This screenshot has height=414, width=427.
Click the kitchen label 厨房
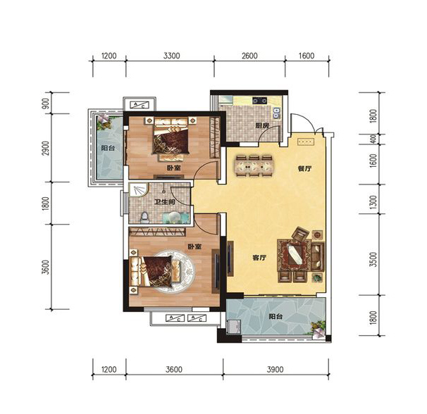pos(262,126)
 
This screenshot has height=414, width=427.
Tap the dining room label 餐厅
pos(304,169)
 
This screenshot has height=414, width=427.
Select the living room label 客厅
pos(259,258)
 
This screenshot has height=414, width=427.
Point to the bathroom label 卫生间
pos(164,202)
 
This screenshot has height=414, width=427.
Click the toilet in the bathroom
pos(144,218)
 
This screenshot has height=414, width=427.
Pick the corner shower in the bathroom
pos(138,189)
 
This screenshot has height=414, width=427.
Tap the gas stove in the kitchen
pos(259,101)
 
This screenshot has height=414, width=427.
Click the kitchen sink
pos(277,113)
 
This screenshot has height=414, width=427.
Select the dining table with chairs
pos(254,165)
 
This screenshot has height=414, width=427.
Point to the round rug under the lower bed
pos(173,272)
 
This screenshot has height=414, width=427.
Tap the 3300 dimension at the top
pos(171,56)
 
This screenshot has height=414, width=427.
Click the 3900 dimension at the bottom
pos(275,370)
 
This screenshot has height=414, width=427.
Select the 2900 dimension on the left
pos(47,148)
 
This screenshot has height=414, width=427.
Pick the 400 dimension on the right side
pos(373,139)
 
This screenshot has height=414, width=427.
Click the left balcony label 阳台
pos(108,149)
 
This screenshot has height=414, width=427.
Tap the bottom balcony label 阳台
pos(276,317)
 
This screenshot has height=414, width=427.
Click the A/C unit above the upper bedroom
pos(140,105)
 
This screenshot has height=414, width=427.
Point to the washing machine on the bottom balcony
pos(233,327)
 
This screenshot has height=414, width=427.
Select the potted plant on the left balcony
pos(104,121)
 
